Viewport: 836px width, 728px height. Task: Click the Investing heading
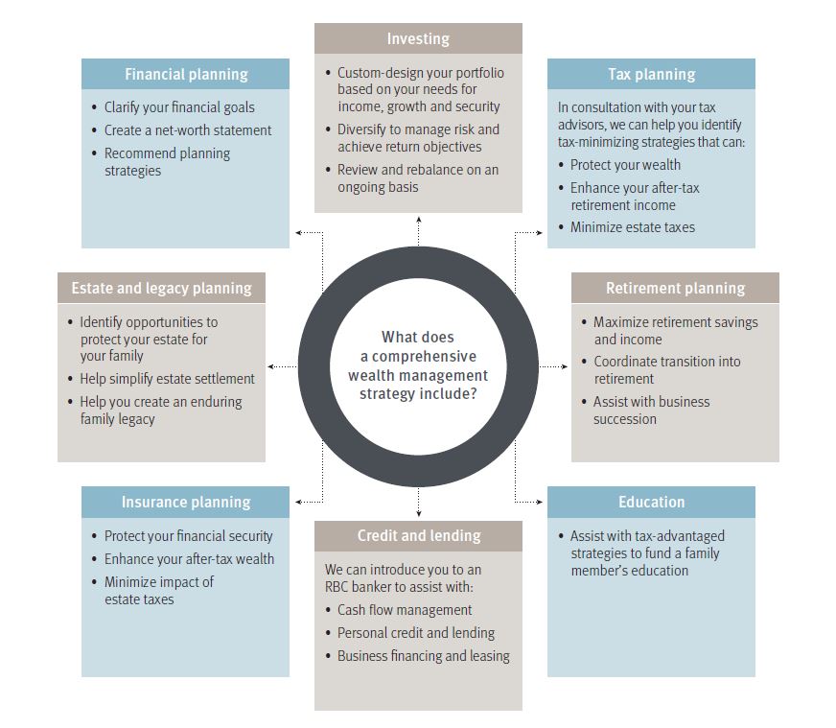click(418, 39)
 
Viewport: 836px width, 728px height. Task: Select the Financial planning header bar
click(185, 75)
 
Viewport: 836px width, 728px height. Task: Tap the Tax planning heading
click(651, 75)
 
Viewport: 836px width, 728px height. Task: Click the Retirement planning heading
click(675, 288)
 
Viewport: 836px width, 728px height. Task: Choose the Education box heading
click(651, 502)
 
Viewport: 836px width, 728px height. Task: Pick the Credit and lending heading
click(419, 535)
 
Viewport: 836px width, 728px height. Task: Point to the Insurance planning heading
click(185, 502)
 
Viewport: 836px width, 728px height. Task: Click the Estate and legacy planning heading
click(161, 288)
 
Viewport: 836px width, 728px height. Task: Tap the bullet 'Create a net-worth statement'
click(188, 130)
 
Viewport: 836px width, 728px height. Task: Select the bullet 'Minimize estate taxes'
click(632, 227)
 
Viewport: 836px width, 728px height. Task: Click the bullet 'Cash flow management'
click(405, 610)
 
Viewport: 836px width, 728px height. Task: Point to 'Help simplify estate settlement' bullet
click(167, 379)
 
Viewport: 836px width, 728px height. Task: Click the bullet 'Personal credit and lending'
click(416, 633)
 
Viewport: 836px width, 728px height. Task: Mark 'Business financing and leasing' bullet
click(423, 656)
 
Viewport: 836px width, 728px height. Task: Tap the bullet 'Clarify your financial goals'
click(179, 107)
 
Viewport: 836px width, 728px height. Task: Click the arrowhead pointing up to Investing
click(418, 220)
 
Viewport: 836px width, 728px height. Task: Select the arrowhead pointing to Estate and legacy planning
click(272, 366)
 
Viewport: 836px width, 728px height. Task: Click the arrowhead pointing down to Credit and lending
click(418, 515)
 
